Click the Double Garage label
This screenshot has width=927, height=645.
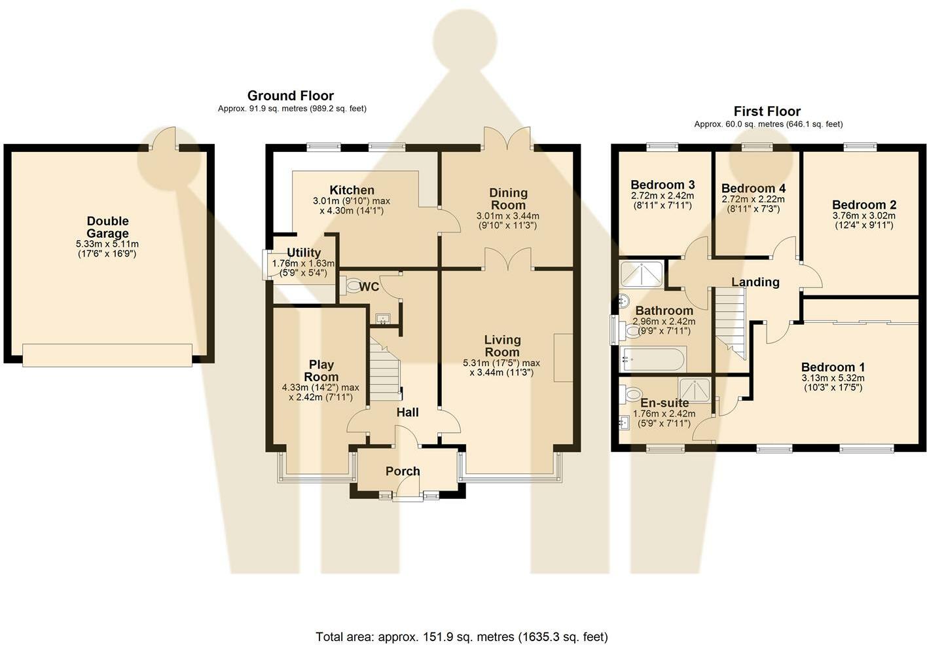pos(107,227)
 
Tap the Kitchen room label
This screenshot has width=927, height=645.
pos(352,190)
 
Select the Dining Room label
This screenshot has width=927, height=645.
pos(508,198)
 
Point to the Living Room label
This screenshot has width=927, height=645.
pos(502,346)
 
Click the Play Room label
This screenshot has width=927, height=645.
pos(321,371)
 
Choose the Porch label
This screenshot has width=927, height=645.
pos(403,471)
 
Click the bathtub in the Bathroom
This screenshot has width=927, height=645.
pos(653,359)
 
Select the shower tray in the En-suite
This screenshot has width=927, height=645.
pos(694,390)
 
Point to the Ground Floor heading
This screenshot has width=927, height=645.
pos(291,96)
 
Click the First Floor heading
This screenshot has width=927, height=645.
pos(767,111)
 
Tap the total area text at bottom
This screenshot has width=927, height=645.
pos(462,636)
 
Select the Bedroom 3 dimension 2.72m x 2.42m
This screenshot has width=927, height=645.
pos(662,196)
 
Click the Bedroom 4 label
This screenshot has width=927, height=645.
pos(753,189)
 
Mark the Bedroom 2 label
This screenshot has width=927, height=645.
pos(864,204)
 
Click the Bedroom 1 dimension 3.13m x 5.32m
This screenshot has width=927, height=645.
pos(833,378)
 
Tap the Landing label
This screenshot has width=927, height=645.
pos(755,282)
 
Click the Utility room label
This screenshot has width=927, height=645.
pos(304,253)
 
